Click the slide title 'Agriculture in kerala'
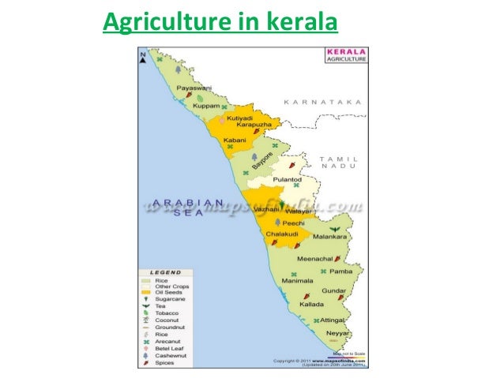coord(220,24)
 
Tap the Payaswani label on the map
coord(194,88)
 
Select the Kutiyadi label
coord(240,118)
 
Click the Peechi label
coord(284,224)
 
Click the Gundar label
coord(335,290)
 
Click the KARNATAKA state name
coord(323,102)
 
